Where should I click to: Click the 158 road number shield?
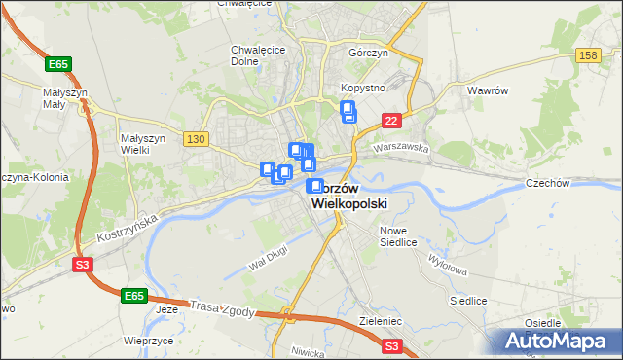tap(587, 55)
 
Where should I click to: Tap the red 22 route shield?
tap(390, 120)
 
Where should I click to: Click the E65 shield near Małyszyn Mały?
tap(58, 64)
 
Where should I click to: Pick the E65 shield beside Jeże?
tap(134, 295)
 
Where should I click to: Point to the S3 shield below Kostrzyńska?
tap(84, 264)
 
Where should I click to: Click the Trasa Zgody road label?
tap(224, 307)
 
